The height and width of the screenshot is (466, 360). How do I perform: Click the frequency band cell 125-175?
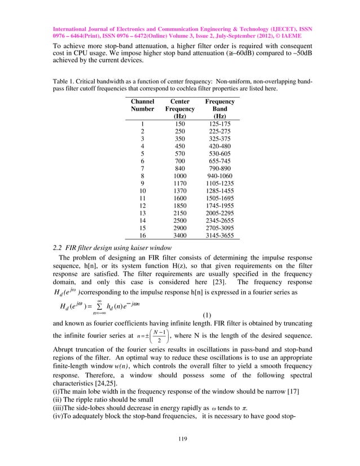219,124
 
